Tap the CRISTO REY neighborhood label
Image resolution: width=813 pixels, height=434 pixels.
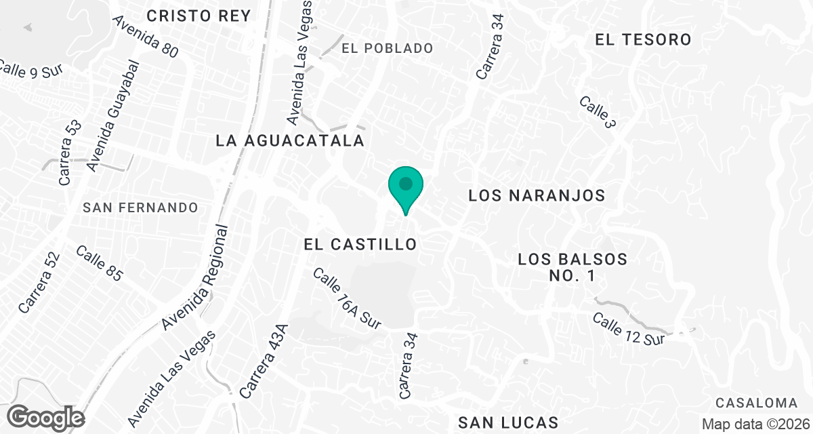pyautogui.click(x=189, y=15)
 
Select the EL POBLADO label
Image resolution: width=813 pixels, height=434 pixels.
pyautogui.click(x=387, y=48)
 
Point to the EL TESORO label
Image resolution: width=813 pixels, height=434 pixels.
pyautogui.click(x=643, y=40)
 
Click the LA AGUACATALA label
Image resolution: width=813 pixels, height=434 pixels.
pyautogui.click(x=290, y=141)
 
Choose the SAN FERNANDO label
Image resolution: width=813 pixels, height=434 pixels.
pyautogui.click(x=140, y=208)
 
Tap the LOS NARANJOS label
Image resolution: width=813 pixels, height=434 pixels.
pyautogui.click(x=536, y=196)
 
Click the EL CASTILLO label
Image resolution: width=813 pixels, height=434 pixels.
pyautogui.click(x=360, y=243)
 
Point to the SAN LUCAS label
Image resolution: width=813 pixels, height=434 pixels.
pyautogui.click(x=508, y=422)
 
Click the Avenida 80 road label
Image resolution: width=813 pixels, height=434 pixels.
pyautogui.click(x=145, y=37)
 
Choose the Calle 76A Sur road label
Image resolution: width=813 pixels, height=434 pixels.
pyautogui.click(x=347, y=297)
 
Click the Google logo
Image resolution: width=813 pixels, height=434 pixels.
pyautogui.click(x=46, y=417)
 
